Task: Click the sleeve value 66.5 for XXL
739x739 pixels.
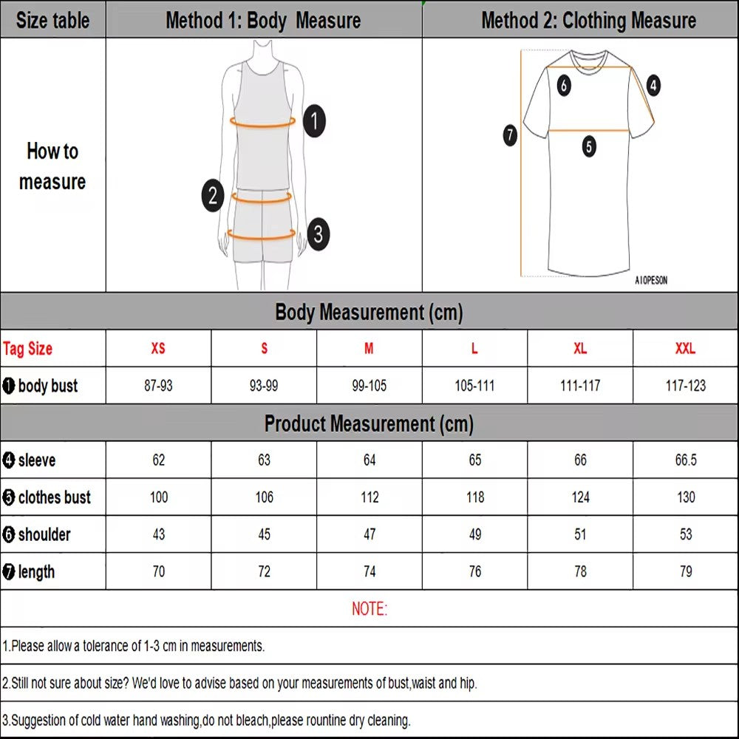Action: click(686, 460)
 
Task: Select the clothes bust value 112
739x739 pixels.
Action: click(369, 497)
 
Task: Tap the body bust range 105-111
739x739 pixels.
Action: click(474, 386)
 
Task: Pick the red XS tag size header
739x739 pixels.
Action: click(158, 349)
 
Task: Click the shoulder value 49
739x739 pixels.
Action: click(474, 534)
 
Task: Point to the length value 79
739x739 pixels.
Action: click(686, 571)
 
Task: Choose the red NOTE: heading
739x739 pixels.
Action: click(369, 609)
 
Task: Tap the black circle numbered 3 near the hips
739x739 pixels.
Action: click(318, 234)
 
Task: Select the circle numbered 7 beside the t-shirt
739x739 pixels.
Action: click(510, 135)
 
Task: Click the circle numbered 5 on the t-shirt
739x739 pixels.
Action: click(588, 146)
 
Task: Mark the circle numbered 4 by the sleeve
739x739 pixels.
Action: click(653, 86)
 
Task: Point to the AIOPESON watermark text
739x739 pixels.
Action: click(651, 281)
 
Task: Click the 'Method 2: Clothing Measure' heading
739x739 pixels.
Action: click(588, 20)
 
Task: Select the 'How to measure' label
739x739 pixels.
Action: click(52, 166)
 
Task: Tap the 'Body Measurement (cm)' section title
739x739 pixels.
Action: click(369, 312)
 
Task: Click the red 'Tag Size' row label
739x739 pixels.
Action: click(28, 349)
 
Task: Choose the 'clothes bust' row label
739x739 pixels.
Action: click(47, 497)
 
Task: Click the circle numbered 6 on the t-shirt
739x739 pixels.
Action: click(564, 86)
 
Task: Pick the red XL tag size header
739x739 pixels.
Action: click(580, 349)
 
